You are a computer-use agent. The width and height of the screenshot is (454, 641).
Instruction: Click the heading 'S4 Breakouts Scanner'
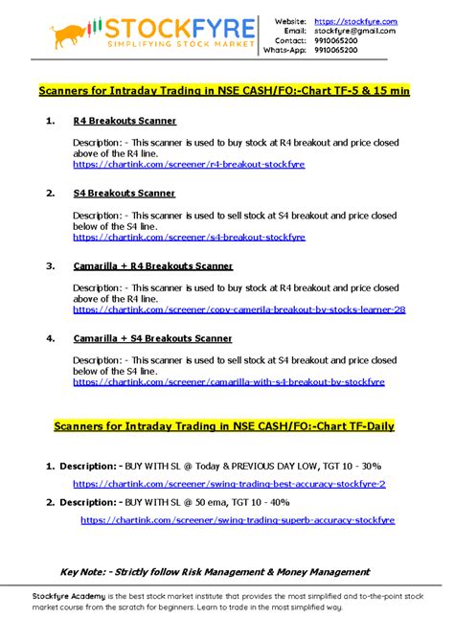124,193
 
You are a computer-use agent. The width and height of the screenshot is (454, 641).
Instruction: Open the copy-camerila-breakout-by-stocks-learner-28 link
238,309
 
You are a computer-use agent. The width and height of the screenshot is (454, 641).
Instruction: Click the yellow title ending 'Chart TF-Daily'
225,425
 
